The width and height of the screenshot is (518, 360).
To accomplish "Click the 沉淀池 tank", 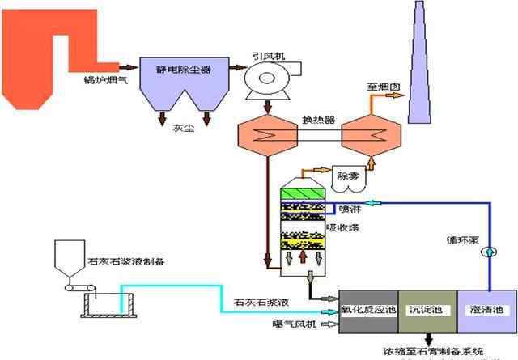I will point(426,311).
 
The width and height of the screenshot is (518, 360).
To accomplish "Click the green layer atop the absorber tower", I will point(302,194).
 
